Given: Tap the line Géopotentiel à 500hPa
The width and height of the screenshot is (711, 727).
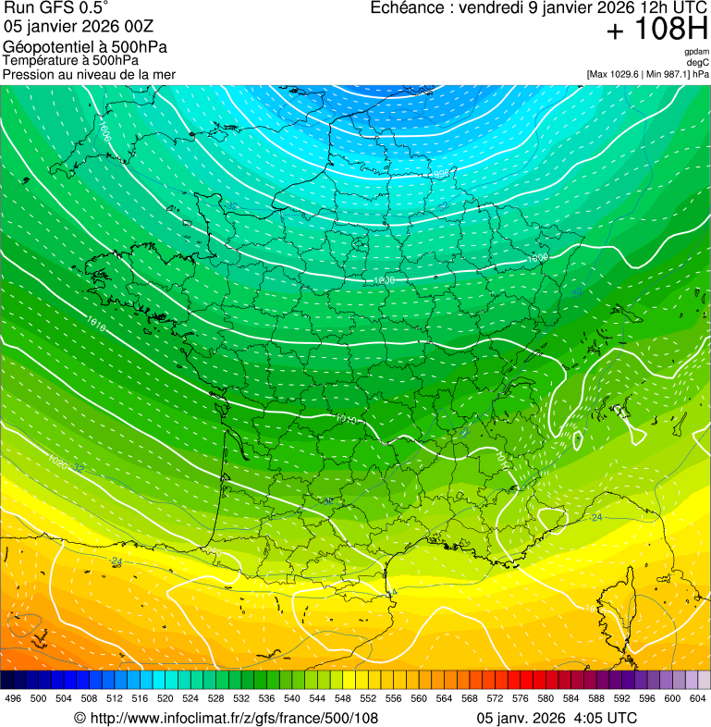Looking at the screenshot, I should tap(85, 46).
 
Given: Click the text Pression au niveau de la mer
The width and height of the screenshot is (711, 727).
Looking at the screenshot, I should tap(89, 74).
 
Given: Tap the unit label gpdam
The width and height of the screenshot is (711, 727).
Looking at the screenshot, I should tap(696, 52).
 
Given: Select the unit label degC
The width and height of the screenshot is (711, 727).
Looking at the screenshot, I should tap(698, 63).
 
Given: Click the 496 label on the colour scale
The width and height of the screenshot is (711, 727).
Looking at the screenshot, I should tap(13, 698).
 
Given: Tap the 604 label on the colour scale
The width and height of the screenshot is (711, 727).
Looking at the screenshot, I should tap(697, 698).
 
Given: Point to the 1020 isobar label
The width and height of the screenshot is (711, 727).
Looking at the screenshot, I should tap(57, 460).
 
